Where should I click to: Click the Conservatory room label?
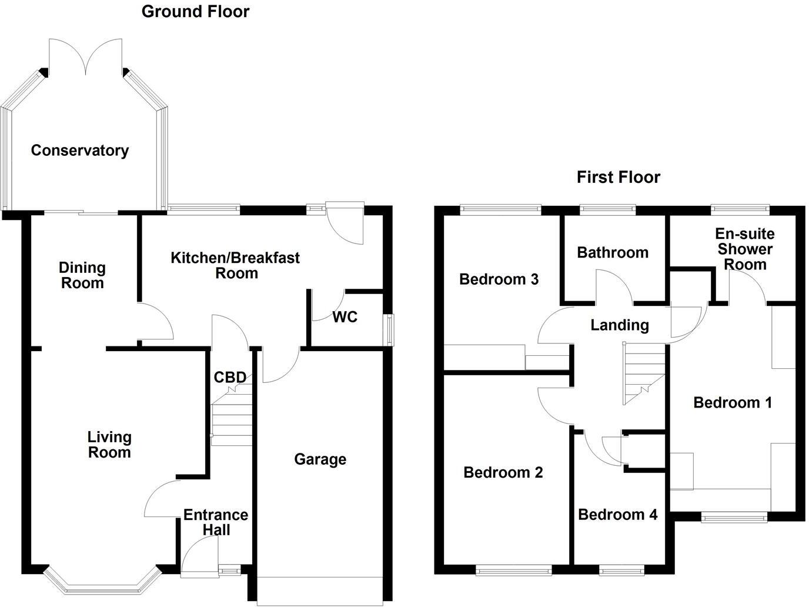tap(80, 151)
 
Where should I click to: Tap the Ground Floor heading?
tap(195, 11)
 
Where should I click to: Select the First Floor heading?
tap(618, 177)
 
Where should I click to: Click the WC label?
tap(345, 317)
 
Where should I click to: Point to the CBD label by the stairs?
tap(230, 377)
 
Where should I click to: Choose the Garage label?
tap(320, 459)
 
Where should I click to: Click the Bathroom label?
tap(613, 252)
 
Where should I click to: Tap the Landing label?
tap(620, 325)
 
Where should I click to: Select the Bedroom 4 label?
tap(617, 515)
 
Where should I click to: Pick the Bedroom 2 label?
tap(503, 472)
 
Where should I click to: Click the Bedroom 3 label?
tap(499, 279)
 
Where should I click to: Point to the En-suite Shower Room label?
tap(744, 249)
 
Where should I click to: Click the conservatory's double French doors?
tap(86, 58)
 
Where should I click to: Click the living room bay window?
tap(102, 586)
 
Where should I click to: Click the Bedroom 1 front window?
tap(734, 517)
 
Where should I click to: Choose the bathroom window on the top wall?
tap(607, 208)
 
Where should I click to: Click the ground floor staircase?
tap(231, 418)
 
